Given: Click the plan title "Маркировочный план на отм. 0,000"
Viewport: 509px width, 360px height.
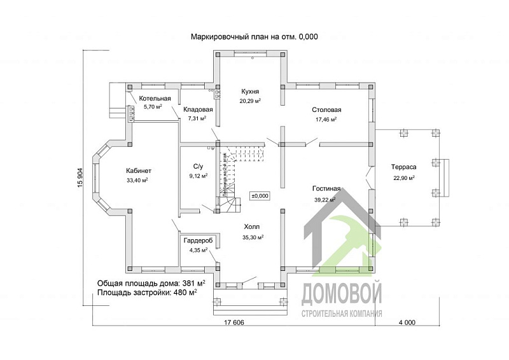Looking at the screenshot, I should pos(254,37).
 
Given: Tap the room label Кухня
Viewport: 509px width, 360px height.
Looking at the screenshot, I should pos(249,92).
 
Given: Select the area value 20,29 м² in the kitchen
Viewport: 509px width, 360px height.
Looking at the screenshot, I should pos(249,100).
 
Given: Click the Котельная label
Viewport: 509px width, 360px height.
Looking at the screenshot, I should pos(155,99).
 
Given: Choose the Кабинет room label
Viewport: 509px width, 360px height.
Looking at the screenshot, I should pos(139,170).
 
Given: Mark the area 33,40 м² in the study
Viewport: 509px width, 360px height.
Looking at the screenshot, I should pos(137,180).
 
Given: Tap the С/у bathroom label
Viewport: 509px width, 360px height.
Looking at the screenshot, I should pos(198,167).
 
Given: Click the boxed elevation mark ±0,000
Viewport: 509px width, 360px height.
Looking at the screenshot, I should pos(260,196).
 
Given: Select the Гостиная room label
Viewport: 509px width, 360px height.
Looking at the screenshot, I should pos(326,189).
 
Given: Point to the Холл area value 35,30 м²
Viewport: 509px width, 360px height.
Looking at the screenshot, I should pos(253,237).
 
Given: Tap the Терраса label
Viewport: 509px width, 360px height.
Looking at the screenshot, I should pos(403,169).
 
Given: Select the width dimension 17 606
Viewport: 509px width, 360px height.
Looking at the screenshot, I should pos(235,323).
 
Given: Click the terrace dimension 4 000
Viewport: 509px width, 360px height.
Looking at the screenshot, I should pos(407,323).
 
